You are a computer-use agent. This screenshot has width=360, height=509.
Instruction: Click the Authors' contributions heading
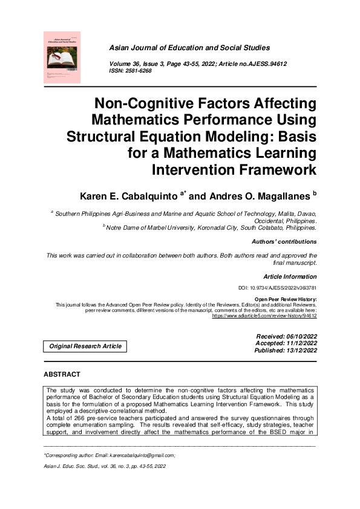(286, 241)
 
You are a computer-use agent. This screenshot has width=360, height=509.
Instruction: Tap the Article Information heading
(290, 276)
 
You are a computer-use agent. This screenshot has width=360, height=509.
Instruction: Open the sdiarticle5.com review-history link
(264, 316)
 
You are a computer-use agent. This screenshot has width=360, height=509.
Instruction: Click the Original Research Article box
(85, 346)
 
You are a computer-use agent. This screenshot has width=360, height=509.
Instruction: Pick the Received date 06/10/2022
(297, 336)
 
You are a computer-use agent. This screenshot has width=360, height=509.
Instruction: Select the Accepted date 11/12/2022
(297, 343)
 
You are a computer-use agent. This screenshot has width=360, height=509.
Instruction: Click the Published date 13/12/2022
(297, 350)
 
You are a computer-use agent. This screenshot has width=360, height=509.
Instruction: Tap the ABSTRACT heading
(62, 375)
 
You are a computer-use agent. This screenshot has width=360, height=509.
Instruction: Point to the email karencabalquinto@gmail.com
(140, 455)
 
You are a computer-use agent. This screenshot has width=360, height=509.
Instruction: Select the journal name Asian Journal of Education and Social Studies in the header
(189, 48)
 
